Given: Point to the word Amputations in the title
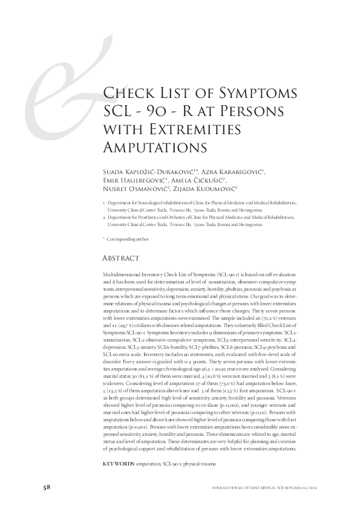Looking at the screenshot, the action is click(155, 148).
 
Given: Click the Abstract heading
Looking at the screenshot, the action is click(123, 258).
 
